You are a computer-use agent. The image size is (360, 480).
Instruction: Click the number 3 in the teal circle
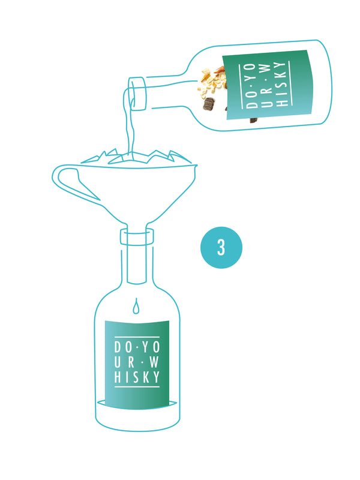click(221, 247)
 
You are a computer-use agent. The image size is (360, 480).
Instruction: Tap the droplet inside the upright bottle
click(136, 306)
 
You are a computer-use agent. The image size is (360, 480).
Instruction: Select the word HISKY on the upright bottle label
click(137, 377)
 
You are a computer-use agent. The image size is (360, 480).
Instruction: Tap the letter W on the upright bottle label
click(154, 362)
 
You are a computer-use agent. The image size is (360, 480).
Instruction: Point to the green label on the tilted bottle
click(268, 84)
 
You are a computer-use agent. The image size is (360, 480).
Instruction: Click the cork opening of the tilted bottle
click(137, 94)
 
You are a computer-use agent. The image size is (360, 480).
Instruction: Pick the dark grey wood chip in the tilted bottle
click(209, 103)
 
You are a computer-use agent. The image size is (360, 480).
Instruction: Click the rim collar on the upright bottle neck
click(137, 237)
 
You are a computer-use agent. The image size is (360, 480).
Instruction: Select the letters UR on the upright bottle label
click(125, 362)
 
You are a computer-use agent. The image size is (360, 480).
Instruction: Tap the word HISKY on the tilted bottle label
click(281, 84)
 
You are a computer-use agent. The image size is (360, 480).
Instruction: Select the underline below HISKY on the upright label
click(137, 387)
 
